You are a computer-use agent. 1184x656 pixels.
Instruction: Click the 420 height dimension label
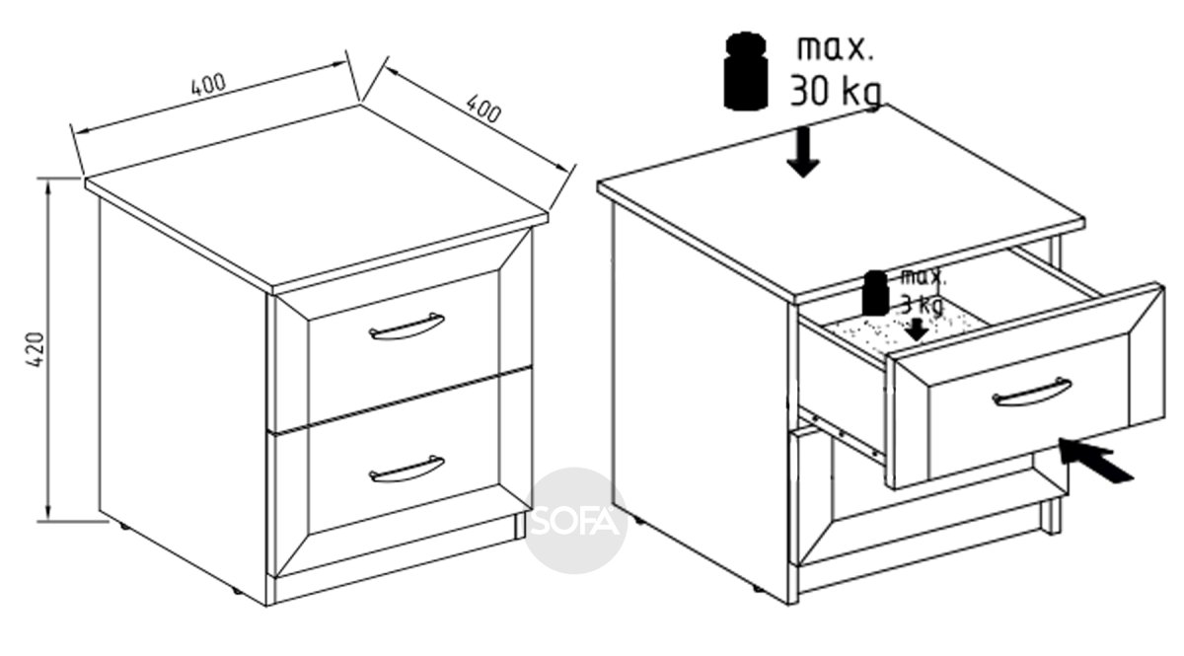point(35,349)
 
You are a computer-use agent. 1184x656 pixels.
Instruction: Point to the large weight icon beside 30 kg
point(745,71)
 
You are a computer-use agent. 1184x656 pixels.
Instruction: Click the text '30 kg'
point(836,93)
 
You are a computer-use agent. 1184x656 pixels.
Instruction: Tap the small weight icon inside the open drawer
point(875,294)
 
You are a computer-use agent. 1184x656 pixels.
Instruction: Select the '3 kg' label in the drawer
point(922,304)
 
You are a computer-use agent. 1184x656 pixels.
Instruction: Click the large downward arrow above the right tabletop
point(803,152)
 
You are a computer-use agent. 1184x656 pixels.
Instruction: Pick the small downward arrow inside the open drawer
point(917,329)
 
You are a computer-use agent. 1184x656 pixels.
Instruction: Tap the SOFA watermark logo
point(575,521)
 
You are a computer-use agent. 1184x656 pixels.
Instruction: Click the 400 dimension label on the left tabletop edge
point(208,85)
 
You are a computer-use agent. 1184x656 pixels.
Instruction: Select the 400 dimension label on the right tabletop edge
point(483,109)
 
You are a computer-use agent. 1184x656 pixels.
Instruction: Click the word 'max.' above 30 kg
point(835,48)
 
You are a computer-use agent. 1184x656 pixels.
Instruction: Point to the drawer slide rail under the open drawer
point(841,433)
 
